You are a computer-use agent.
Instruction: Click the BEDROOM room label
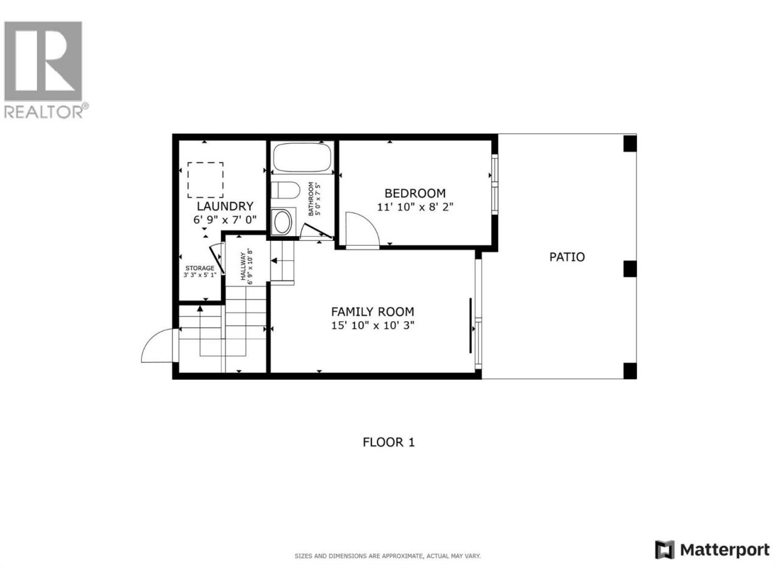(x=415, y=193)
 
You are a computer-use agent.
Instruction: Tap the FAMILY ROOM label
(x=373, y=311)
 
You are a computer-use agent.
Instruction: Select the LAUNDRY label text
(x=225, y=206)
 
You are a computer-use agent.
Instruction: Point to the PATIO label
(x=566, y=257)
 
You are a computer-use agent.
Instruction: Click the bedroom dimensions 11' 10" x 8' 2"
(x=415, y=207)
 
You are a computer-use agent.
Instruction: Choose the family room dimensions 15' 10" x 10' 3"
(x=373, y=325)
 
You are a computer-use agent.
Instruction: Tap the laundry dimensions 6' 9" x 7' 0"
(x=225, y=220)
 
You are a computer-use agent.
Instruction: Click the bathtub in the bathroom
(x=302, y=158)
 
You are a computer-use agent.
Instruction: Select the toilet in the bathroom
(x=285, y=190)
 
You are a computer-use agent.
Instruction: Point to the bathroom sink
(x=282, y=222)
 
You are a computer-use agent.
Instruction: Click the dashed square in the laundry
(x=205, y=180)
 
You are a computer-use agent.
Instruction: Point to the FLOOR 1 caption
(x=388, y=442)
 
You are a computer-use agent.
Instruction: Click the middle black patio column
(x=630, y=269)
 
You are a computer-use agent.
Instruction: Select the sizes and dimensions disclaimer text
(x=387, y=556)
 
